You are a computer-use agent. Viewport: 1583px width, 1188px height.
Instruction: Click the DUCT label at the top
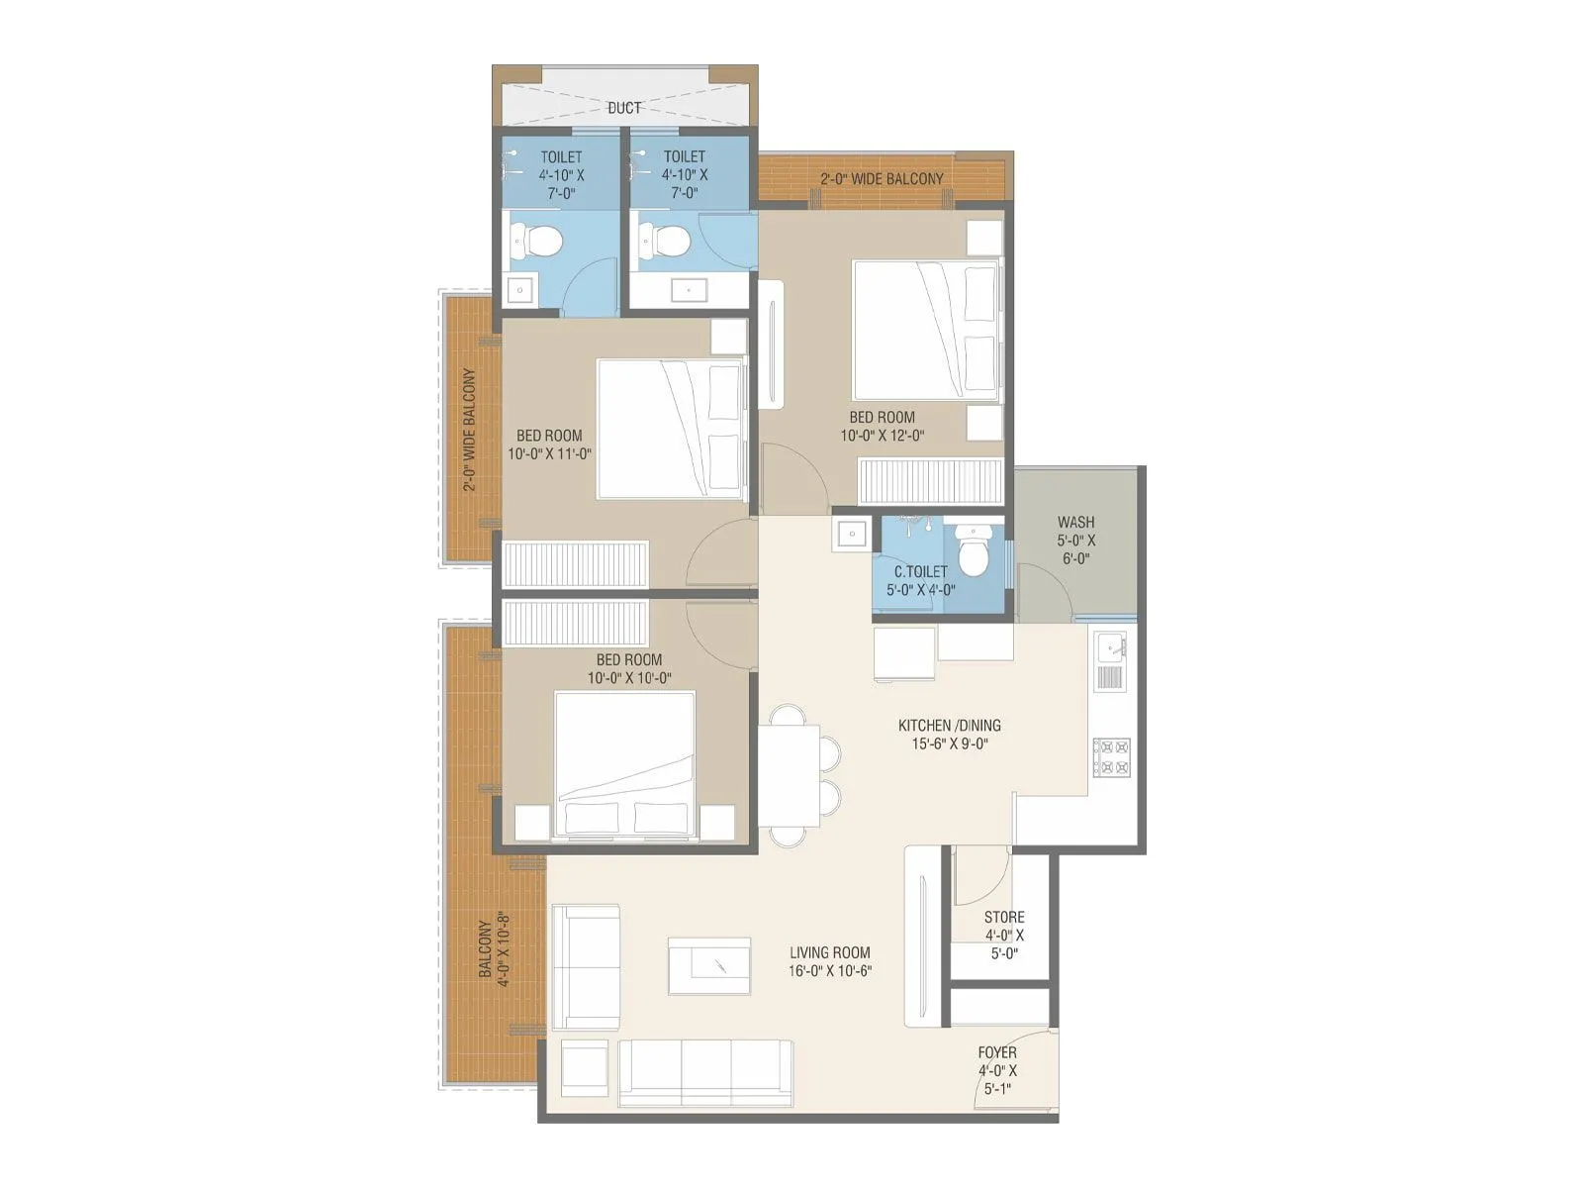tap(624, 108)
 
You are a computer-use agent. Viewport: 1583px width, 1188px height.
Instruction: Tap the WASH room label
tap(1075, 523)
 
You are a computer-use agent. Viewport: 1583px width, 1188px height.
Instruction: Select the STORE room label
tap(1004, 918)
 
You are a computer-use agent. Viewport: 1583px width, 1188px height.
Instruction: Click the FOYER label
tap(997, 1053)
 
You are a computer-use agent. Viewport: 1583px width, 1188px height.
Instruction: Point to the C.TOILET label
tap(920, 572)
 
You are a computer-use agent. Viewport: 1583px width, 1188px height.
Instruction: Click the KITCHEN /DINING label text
tap(950, 726)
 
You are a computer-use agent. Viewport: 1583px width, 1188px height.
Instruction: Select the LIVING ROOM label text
tap(830, 953)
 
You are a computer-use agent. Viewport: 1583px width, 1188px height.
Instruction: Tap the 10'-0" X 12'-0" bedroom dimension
tap(882, 436)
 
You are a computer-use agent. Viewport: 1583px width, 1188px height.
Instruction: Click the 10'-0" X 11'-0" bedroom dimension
tap(549, 454)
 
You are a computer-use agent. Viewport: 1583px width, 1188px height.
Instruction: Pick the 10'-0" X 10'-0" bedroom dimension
tap(629, 678)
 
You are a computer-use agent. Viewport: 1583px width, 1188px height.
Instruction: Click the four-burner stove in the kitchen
tap(1111, 757)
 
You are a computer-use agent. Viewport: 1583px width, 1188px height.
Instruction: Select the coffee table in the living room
tap(708, 965)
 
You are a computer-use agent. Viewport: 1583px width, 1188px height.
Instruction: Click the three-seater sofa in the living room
tap(705, 1073)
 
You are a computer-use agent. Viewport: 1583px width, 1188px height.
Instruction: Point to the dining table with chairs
tap(789, 775)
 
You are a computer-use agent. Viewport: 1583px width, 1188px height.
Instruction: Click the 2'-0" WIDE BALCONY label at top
tap(882, 179)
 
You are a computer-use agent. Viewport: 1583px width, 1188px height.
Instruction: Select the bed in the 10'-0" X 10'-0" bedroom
tap(624, 765)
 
